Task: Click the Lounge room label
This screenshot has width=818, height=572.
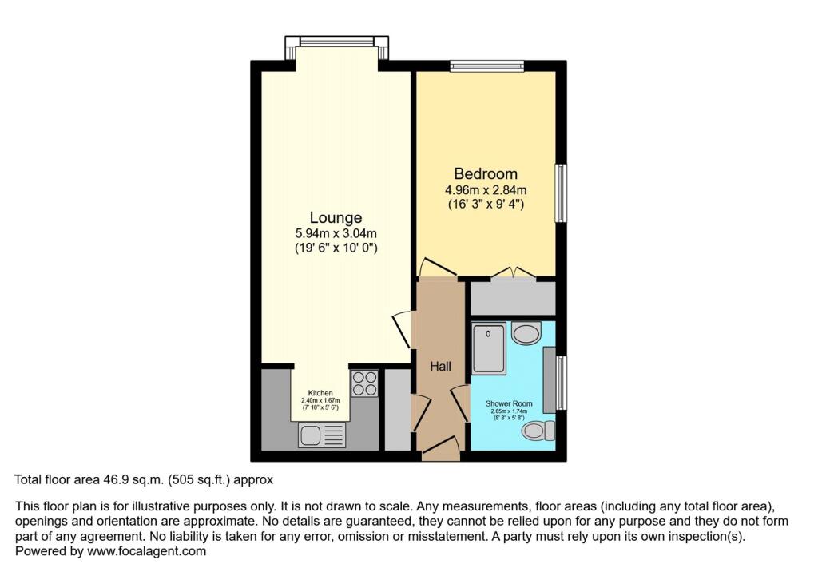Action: pos(336,217)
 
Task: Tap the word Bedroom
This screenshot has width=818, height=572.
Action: pos(486,173)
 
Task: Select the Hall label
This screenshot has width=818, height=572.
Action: pos(440,367)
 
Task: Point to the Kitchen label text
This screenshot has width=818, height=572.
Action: pos(320,393)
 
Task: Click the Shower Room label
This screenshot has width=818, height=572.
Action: pos(509,403)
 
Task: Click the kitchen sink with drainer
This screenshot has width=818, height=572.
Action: pos(322,435)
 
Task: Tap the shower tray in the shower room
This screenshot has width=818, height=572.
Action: pos(488,348)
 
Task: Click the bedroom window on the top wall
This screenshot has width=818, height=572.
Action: pos(486,66)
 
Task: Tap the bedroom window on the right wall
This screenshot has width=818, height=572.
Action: pos(562,193)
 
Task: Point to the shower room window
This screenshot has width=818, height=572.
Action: pos(561,383)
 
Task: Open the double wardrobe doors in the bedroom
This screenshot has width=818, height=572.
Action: pos(512,272)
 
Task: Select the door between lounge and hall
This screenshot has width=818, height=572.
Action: pos(402,328)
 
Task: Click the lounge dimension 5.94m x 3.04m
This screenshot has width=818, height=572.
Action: pos(336,233)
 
